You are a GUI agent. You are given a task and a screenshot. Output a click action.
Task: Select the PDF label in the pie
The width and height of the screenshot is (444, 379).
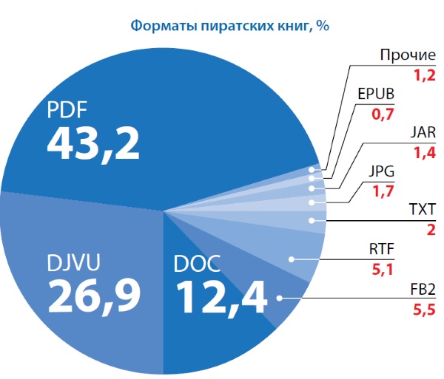(67, 111)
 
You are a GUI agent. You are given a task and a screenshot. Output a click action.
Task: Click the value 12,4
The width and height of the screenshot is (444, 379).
(222, 297)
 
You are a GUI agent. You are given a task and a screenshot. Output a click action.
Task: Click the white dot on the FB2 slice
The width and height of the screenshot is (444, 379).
(280, 298)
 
